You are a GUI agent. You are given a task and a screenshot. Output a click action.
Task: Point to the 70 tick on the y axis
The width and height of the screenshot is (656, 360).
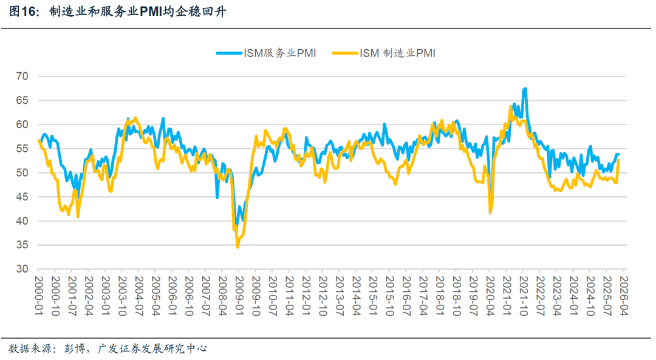click(22, 76)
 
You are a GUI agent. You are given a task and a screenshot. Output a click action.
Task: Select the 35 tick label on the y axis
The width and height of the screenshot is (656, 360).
click(22, 245)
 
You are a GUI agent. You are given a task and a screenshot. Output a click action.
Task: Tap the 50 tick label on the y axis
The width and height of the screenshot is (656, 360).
click(22, 173)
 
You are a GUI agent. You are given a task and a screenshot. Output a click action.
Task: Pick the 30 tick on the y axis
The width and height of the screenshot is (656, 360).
click(22, 269)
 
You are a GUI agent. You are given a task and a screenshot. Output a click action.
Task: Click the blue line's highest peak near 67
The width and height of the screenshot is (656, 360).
click(525, 89)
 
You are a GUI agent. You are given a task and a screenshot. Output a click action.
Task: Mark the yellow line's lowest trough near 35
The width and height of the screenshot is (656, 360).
click(237, 247)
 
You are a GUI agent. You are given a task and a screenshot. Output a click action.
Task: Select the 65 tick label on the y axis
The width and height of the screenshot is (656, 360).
click(22, 101)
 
